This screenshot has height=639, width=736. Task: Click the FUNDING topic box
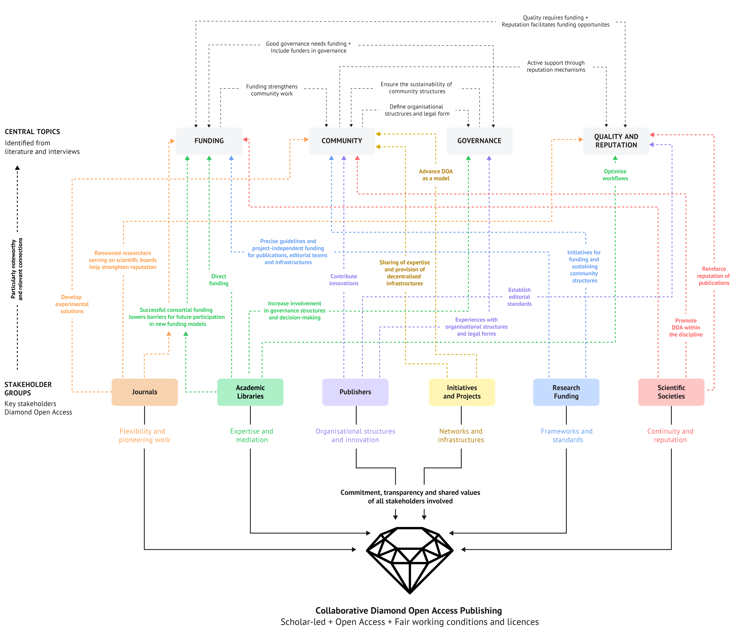click(209, 141)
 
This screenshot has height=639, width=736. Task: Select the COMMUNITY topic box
click(342, 141)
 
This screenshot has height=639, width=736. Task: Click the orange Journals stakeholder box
click(144, 392)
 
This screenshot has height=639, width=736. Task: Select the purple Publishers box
click(355, 392)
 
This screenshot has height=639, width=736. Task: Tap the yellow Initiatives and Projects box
click(462, 392)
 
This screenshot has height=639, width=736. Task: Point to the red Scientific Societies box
click(671, 392)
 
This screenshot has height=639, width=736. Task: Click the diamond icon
click(410, 560)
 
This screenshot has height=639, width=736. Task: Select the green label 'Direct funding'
click(219, 280)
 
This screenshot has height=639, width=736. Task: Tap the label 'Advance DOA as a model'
click(436, 175)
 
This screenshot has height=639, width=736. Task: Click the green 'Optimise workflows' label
click(615, 175)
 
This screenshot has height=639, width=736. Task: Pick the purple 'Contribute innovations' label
click(344, 280)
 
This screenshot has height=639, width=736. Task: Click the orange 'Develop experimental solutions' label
click(72, 304)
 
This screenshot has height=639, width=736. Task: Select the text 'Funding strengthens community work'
click(272, 90)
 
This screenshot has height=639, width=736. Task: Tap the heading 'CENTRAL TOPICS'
click(32, 132)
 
